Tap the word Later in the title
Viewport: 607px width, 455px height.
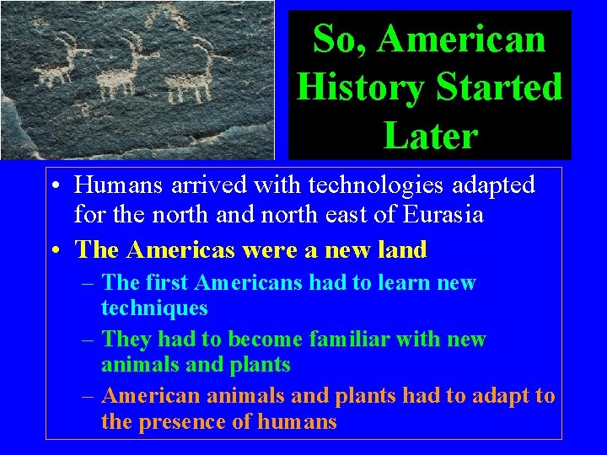tap(430, 135)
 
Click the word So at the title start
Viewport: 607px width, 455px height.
tap(331, 39)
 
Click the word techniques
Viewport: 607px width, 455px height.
tap(154, 308)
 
